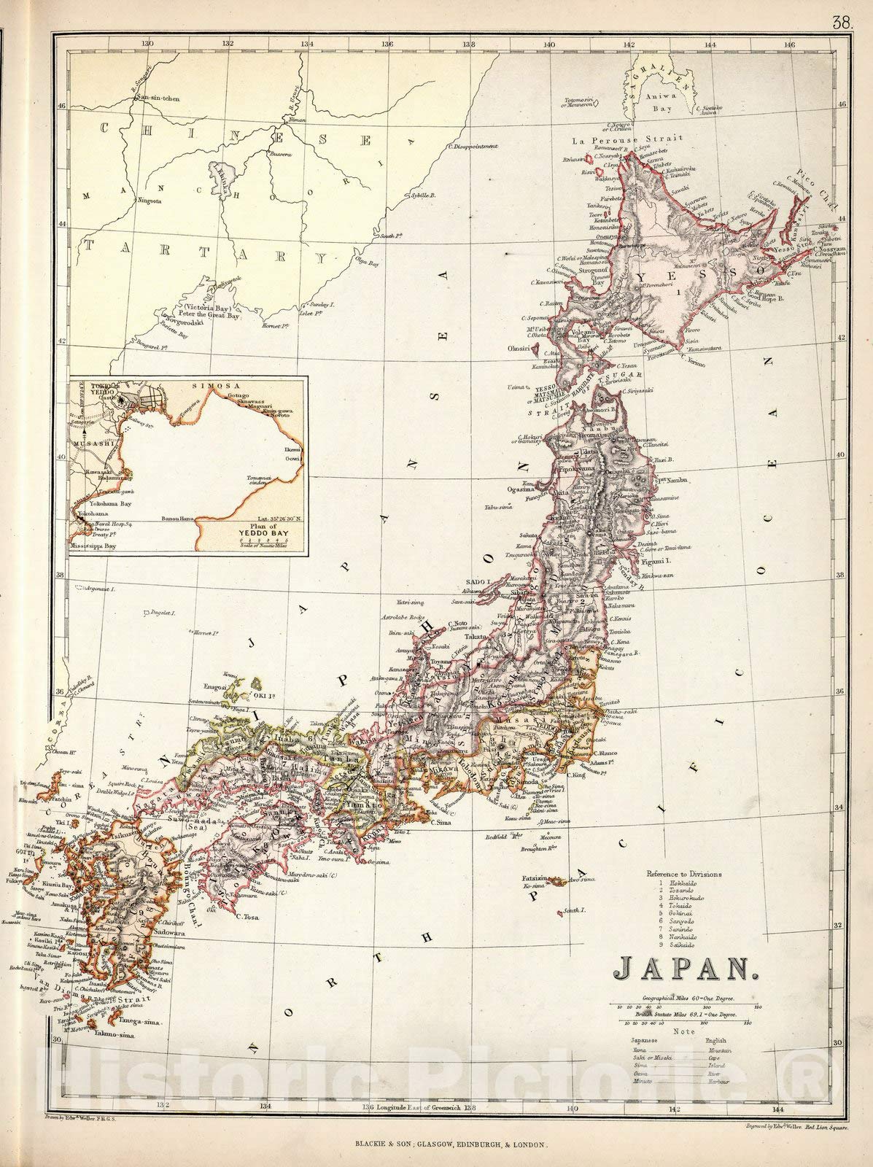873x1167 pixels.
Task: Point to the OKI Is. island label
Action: (x=260, y=685)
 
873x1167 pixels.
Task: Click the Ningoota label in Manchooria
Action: (x=147, y=202)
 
